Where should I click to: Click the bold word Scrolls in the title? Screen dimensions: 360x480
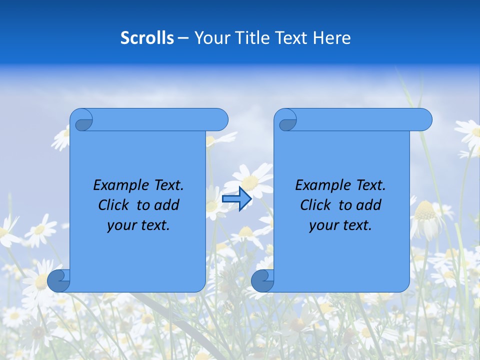click(147, 37)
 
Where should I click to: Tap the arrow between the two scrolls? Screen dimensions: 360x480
click(236, 199)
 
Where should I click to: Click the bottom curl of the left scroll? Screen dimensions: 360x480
click(58, 281)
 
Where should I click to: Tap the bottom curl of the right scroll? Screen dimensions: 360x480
click(262, 281)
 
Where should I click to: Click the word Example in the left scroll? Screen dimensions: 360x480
click(120, 185)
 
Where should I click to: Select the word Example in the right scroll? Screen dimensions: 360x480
click(322, 185)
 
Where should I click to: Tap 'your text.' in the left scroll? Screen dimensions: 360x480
click(138, 225)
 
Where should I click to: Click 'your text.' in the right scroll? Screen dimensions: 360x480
click(340, 225)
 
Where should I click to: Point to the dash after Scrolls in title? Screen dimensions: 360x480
click(183, 38)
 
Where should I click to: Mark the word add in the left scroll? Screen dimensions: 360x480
click(166, 205)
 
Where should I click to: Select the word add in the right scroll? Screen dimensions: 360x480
click(368, 205)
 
